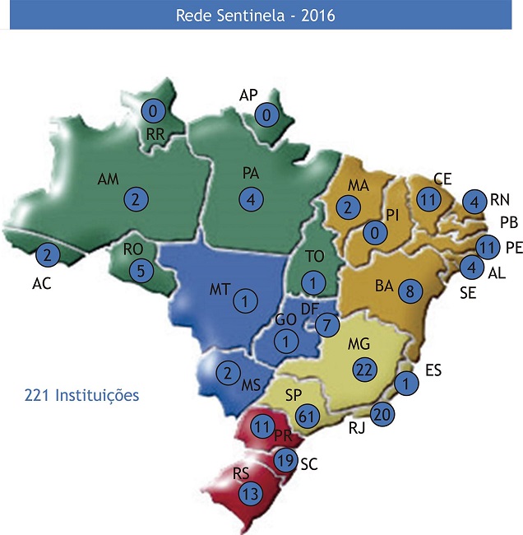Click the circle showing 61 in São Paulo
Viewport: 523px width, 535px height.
306,416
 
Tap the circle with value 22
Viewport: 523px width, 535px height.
364,370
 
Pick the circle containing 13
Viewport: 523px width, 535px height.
252,494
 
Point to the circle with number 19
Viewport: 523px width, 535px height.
285,460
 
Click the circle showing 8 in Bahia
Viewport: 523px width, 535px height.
409,291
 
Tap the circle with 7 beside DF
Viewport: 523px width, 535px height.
326,324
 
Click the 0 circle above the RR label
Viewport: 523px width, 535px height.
153,109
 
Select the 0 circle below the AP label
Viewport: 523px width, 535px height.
267,115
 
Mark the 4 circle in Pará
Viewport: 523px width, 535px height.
252,198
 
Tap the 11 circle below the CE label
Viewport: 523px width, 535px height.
427,200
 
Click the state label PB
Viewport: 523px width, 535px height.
510,222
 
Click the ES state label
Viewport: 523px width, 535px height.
433,371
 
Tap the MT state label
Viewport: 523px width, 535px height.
219,289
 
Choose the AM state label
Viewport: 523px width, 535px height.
108,179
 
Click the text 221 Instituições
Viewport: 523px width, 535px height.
81,396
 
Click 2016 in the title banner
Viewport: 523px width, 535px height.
316,15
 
